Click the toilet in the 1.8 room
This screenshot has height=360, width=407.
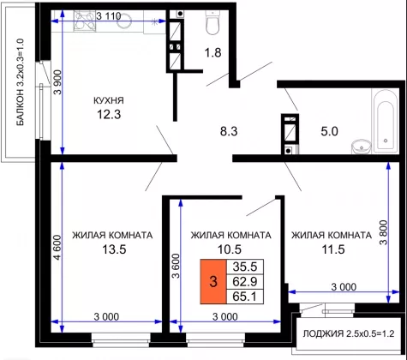(x=212, y=23)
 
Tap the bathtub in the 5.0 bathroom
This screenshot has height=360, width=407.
(x=386, y=121)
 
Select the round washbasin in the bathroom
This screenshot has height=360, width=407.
(x=362, y=147)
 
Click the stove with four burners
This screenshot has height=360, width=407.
(x=85, y=21)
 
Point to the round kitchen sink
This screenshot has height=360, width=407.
(x=125, y=21)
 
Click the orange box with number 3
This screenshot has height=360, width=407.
(x=213, y=282)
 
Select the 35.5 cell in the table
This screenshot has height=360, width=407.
(x=245, y=267)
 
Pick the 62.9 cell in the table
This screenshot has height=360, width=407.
(x=245, y=282)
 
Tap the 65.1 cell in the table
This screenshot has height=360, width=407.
(x=245, y=297)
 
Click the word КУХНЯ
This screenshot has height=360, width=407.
(x=109, y=100)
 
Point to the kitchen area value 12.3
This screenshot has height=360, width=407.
(x=109, y=114)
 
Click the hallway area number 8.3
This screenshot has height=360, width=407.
(x=229, y=131)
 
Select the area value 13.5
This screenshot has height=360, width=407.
(x=114, y=249)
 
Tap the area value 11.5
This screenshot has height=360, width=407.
(x=333, y=249)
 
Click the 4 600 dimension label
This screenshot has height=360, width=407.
(x=57, y=248)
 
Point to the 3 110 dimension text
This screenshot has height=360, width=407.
(x=109, y=16)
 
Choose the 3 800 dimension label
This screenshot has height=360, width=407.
(x=384, y=232)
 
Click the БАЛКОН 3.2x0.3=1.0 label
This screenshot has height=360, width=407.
(x=21, y=82)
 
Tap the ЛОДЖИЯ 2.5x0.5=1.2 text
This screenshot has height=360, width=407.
(x=349, y=333)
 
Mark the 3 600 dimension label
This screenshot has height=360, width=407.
(x=176, y=266)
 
